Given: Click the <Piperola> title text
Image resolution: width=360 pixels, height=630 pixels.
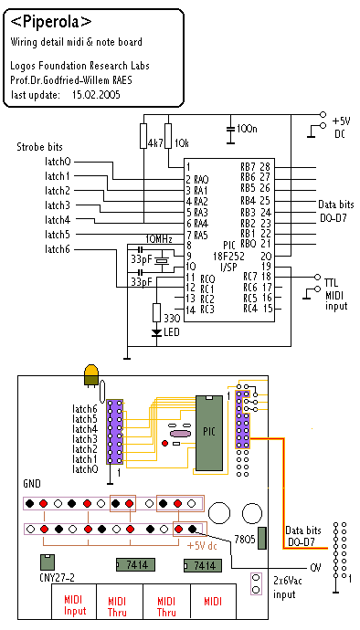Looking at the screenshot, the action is click(x=50, y=23).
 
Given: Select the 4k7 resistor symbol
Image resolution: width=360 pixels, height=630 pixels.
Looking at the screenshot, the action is click(x=144, y=136).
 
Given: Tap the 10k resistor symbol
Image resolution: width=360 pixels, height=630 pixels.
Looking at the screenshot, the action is click(x=168, y=136).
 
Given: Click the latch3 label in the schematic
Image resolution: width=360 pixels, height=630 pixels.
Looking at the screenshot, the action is click(x=58, y=205).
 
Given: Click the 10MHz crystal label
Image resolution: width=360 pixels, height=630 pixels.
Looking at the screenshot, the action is click(x=159, y=239).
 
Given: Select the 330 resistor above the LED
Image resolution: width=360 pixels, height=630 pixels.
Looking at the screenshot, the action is click(x=157, y=312).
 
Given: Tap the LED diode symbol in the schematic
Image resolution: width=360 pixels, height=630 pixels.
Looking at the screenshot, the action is click(x=157, y=332).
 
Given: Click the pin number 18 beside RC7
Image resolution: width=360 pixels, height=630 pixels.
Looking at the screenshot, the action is click(x=266, y=277).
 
